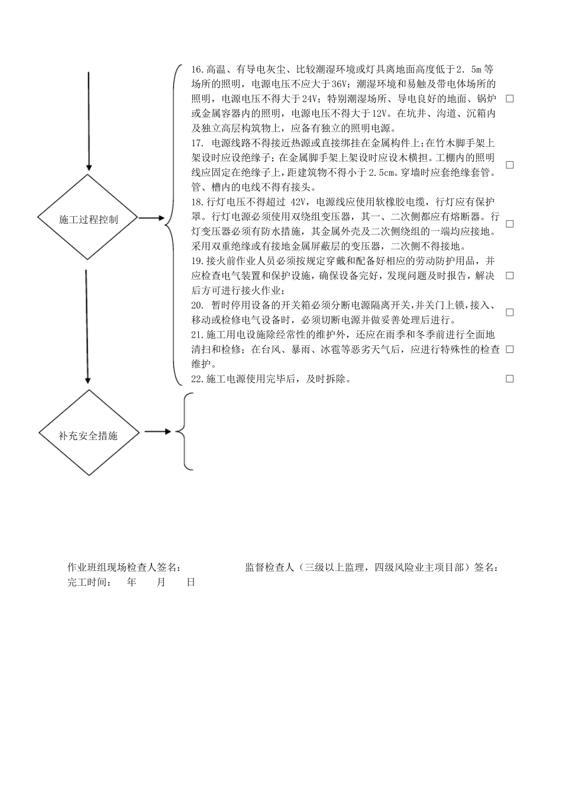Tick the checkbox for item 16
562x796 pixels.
[509, 98]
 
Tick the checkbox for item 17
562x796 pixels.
[509, 165]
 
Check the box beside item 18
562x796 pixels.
[509, 224]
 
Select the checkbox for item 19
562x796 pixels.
[509, 275]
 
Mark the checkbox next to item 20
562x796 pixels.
[509, 312]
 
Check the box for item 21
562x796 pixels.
[509, 349]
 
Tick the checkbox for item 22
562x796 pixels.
[509, 378]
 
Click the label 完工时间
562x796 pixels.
[89, 582]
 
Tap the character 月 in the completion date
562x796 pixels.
[161, 582]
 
